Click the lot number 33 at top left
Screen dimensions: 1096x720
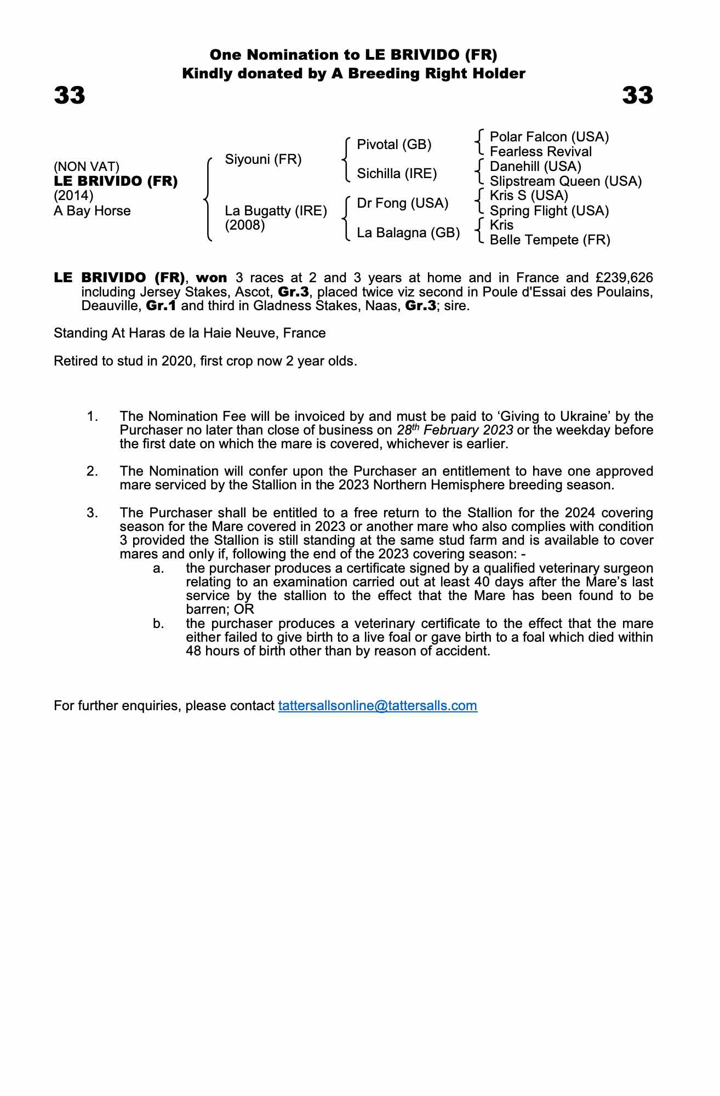click(70, 95)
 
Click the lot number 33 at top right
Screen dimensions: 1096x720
click(637, 95)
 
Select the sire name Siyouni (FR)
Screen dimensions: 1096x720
click(263, 159)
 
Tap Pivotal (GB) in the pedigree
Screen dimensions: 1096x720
click(394, 145)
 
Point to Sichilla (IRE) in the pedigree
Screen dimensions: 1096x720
click(397, 174)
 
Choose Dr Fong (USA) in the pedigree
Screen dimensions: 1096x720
click(402, 203)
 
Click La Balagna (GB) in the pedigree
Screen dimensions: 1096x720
click(408, 233)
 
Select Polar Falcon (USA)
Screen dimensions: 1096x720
click(549, 137)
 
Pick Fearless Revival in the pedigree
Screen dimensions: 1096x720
click(540, 152)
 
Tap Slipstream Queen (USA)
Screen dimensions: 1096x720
click(565, 181)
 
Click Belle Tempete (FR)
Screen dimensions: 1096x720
click(550, 240)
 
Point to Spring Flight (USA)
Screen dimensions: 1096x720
click(549, 211)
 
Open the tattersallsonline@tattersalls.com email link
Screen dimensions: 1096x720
click(378, 706)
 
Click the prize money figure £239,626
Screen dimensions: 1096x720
click(624, 278)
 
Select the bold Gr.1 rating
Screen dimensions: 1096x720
click(161, 306)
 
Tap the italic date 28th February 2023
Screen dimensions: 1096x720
click(455, 430)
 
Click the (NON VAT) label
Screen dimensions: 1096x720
click(87, 167)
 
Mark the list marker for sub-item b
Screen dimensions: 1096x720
click(158, 624)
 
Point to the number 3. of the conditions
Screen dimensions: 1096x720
click(92, 513)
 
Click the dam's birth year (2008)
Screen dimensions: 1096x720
click(245, 225)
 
